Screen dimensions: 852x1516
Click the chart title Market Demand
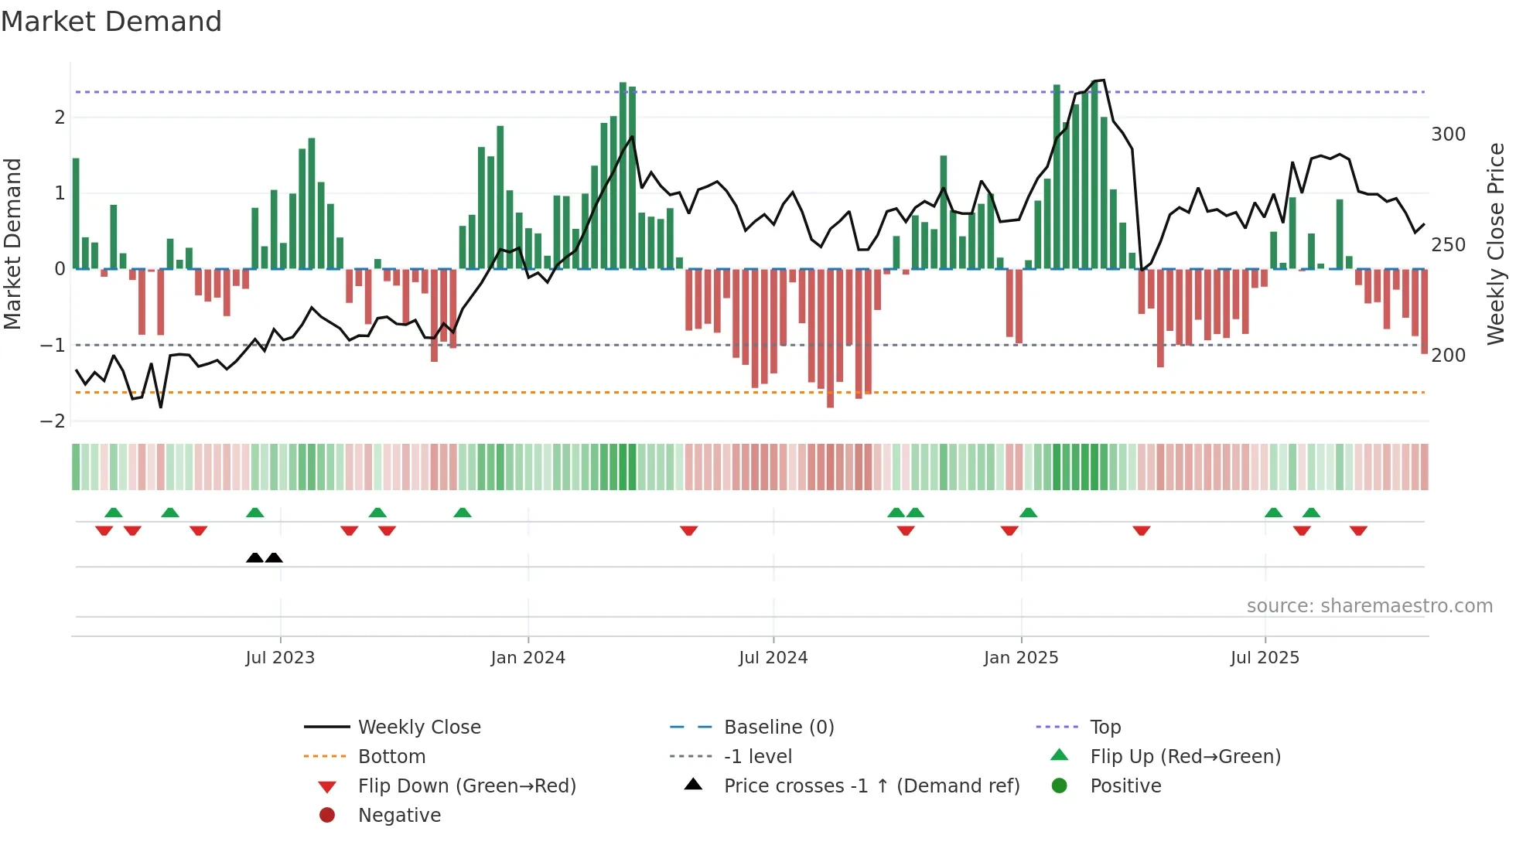111,22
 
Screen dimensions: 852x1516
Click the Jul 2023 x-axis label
280,658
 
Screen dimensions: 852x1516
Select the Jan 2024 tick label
528,658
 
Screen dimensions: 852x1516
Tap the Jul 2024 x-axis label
773,658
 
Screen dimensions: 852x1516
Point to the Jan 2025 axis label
1020,658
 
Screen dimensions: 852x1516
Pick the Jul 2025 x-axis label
1265,658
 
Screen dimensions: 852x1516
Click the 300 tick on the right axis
1448,135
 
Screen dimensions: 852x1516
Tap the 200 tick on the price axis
1448,356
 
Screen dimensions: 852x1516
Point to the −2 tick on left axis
53,421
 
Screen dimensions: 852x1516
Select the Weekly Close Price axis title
1496,244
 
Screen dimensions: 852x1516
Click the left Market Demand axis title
12,244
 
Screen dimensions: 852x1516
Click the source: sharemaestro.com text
1369,606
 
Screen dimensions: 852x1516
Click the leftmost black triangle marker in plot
254,558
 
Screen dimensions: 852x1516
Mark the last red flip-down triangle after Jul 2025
1358,530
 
